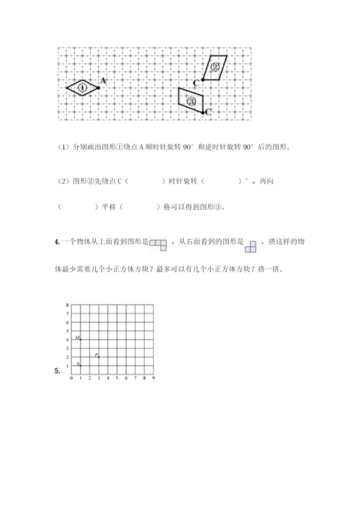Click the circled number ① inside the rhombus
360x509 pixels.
[x=83, y=88]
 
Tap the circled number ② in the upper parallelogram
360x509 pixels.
[x=215, y=66]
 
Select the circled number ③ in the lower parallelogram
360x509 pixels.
[x=192, y=102]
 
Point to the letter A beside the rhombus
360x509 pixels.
[x=104, y=81]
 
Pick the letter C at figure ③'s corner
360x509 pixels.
[x=208, y=112]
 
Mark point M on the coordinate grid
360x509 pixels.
[x=78, y=338]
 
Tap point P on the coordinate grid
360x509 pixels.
[x=96, y=355]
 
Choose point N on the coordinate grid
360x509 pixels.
[x=78, y=365]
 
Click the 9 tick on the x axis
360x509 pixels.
[x=154, y=378]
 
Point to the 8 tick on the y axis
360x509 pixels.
[x=67, y=305]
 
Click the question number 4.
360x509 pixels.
[x=56, y=243]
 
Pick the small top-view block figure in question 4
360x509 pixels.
[x=159, y=245]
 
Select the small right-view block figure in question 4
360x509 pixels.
[x=251, y=246]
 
